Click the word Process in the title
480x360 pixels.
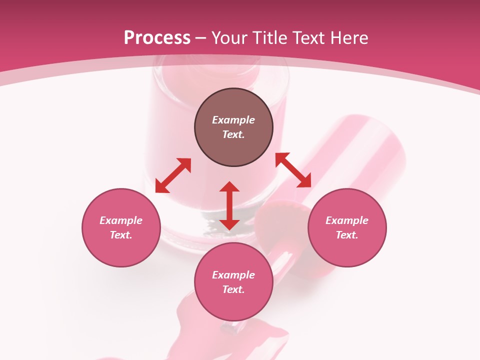coord(157,38)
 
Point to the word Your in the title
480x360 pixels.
coord(229,38)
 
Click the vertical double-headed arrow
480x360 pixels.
coord(229,205)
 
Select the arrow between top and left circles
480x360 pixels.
coord(173,175)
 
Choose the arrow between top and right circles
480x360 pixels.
coord(293,170)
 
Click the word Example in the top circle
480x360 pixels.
coord(233,120)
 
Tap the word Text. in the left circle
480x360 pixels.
coord(121,235)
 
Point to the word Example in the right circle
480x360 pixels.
coord(347,220)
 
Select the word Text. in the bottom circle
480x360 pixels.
coord(233,289)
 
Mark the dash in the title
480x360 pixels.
coord(201,38)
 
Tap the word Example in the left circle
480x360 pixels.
coord(121,220)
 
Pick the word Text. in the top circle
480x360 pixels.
coord(233,134)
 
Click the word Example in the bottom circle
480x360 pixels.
coord(233,275)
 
